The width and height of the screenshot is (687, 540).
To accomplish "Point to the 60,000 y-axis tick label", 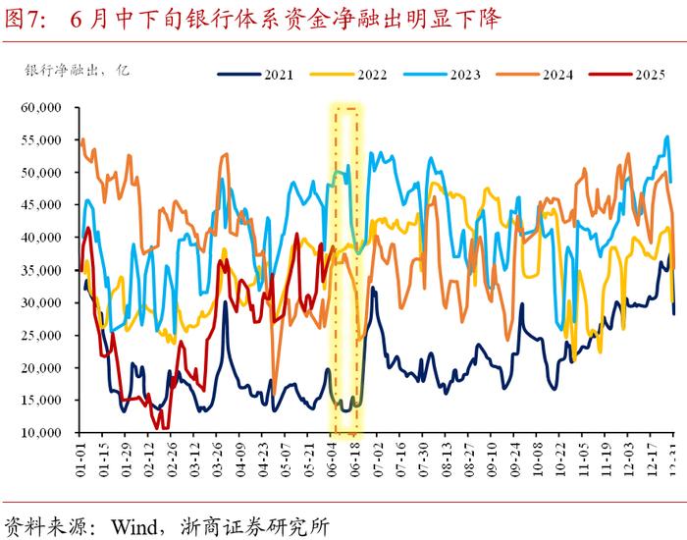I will pos(40,107).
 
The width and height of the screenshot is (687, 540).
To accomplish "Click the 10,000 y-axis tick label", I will pos(40,433).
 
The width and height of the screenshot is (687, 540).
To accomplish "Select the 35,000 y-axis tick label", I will pos(40,270).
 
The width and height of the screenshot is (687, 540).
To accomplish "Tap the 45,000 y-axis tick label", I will pos(40,205).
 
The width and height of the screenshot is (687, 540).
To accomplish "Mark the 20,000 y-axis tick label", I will pos(40,368).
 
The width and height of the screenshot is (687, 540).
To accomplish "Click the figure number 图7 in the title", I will pos(26,19).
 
